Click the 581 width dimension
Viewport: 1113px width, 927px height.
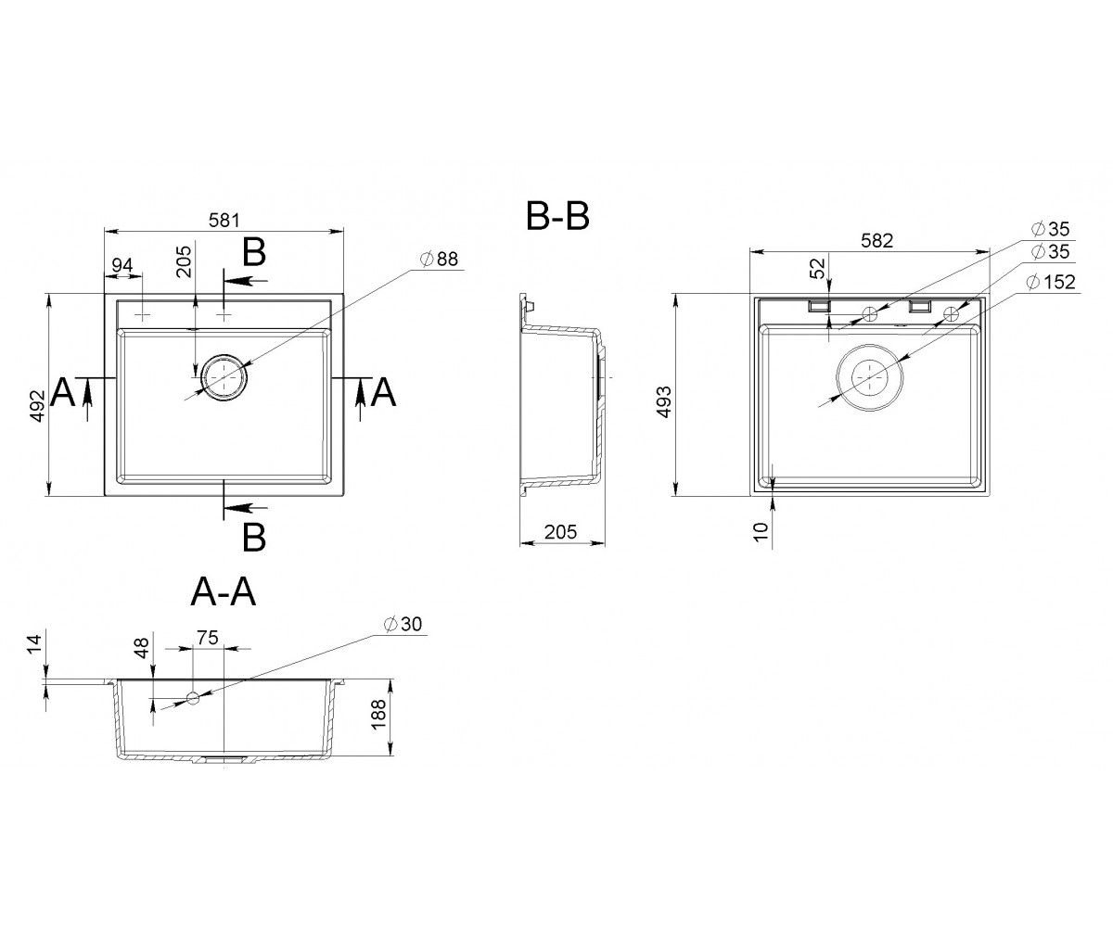224,220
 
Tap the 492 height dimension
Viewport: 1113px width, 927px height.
37,406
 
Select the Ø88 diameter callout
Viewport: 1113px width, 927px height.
440,259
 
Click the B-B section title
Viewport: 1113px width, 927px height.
557,216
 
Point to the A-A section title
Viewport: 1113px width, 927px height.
224,592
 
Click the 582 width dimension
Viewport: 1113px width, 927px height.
876,241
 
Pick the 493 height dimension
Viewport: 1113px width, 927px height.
665,401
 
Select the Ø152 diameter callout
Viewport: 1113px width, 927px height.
1051,282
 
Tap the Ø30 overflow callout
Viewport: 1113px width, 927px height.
403,624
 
